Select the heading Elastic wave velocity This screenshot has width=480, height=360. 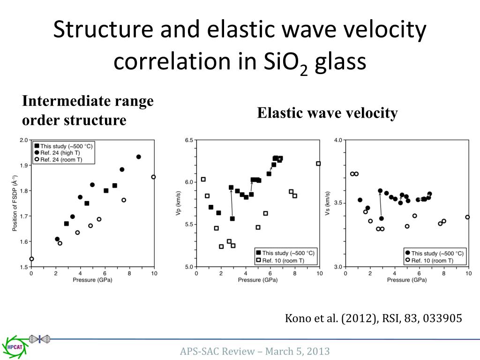327,113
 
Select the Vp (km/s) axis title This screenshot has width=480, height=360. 178,203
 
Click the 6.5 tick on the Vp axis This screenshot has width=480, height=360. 189,140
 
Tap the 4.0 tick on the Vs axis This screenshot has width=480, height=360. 338,140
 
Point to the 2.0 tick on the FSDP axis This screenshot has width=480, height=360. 23,140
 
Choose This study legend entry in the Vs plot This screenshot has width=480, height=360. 434,253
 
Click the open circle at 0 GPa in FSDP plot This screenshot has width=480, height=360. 31,259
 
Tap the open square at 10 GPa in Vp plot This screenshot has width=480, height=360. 318,164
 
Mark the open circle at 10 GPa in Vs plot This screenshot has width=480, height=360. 467,217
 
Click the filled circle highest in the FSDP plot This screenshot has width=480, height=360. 139,157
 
